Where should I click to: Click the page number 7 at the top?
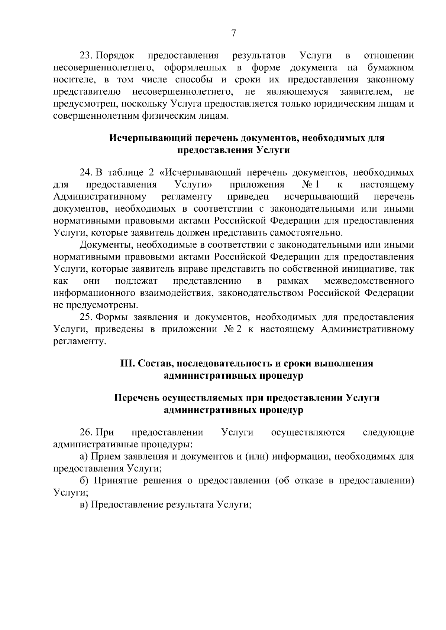[233, 33]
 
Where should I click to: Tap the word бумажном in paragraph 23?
[390, 68]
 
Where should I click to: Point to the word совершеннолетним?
[96, 116]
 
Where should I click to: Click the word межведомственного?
[369, 281]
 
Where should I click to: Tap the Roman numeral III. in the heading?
[127, 364]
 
